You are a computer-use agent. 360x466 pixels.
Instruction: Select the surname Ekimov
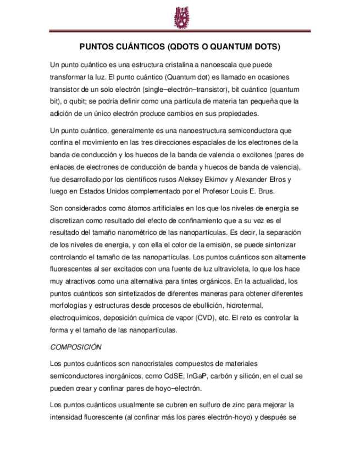pos(221,179)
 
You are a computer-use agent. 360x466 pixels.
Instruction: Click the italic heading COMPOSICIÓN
pos(76,347)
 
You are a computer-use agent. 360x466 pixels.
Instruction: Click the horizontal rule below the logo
pos(180,31)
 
